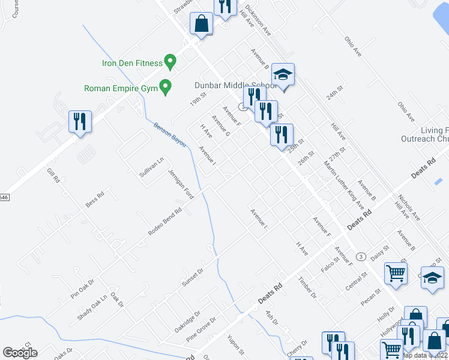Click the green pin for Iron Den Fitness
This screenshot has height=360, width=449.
[170, 62]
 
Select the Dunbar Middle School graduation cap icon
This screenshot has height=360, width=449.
[283, 75]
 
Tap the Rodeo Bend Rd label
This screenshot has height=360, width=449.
[166, 223]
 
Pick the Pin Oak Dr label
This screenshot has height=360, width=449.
[83, 289]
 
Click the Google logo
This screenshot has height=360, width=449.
[20, 353]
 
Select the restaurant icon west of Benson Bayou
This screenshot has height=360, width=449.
[80, 122]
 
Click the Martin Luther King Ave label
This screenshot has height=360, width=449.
[344, 184]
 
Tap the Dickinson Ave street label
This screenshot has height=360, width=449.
[259, 22]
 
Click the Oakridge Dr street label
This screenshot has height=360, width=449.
[187, 322]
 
